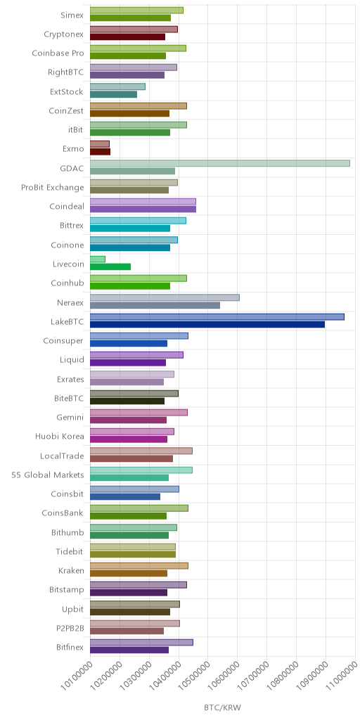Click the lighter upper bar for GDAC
pyautogui.click(x=220, y=163)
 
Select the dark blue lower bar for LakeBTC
pyautogui.click(x=207, y=324)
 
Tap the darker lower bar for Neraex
pyautogui.click(x=155, y=305)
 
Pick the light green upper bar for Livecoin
pyautogui.click(x=97, y=259)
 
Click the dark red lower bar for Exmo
pyautogui.click(x=100, y=152)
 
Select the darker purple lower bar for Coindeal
pyautogui.click(x=143, y=209)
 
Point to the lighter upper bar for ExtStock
pyautogui.click(x=117, y=86)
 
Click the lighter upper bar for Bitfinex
pyautogui.click(x=141, y=642)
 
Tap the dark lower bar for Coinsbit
pyautogui.click(x=125, y=496)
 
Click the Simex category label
pyautogui.click(x=72, y=15)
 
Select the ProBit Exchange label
pyautogui.click(x=52, y=187)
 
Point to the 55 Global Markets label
pyautogui.click(x=48, y=475)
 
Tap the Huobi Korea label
pyautogui.click(x=60, y=436)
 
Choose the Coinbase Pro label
pyautogui.click(x=58, y=53)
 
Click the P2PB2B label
pyautogui.click(x=70, y=628)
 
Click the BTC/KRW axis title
pyautogui.click(x=222, y=707)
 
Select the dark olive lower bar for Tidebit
pyautogui.click(x=133, y=554)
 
